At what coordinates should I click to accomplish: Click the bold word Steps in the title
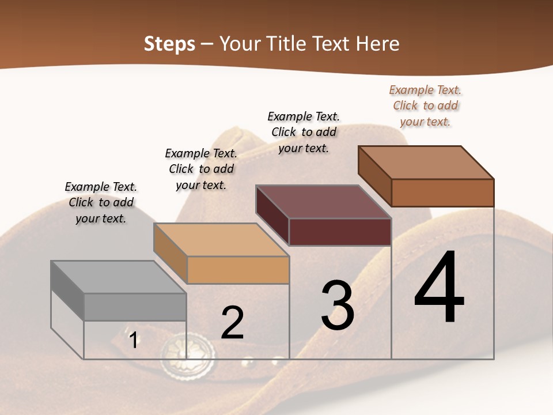tap(169, 44)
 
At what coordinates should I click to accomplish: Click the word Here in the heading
tap(378, 44)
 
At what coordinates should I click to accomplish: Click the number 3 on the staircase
tap(337, 305)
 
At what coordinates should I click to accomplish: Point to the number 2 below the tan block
tap(232, 323)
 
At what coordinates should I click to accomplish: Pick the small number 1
tap(134, 340)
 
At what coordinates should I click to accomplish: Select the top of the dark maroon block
tap(323, 202)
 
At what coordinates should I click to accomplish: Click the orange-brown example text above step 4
tap(425, 105)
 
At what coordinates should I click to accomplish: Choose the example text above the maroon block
tap(304, 132)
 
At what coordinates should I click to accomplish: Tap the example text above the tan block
tap(201, 169)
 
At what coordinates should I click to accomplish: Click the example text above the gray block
tap(101, 202)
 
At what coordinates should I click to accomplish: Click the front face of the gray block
tap(135, 307)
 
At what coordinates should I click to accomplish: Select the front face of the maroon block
tap(340, 232)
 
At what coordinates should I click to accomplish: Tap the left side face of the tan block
tap(171, 254)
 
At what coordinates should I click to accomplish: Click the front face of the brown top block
tap(442, 193)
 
